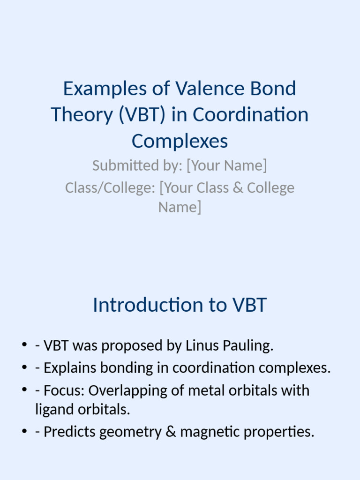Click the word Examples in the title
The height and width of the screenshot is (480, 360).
tap(105, 89)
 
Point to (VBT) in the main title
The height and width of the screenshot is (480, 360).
tap(142, 115)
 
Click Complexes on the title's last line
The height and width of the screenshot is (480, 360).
tap(180, 142)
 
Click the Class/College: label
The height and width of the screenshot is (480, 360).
tap(110, 187)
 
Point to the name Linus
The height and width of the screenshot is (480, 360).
tap(202, 345)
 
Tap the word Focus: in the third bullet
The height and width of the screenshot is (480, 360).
tap(64, 390)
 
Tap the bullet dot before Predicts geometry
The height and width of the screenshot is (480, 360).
tap(24, 431)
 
